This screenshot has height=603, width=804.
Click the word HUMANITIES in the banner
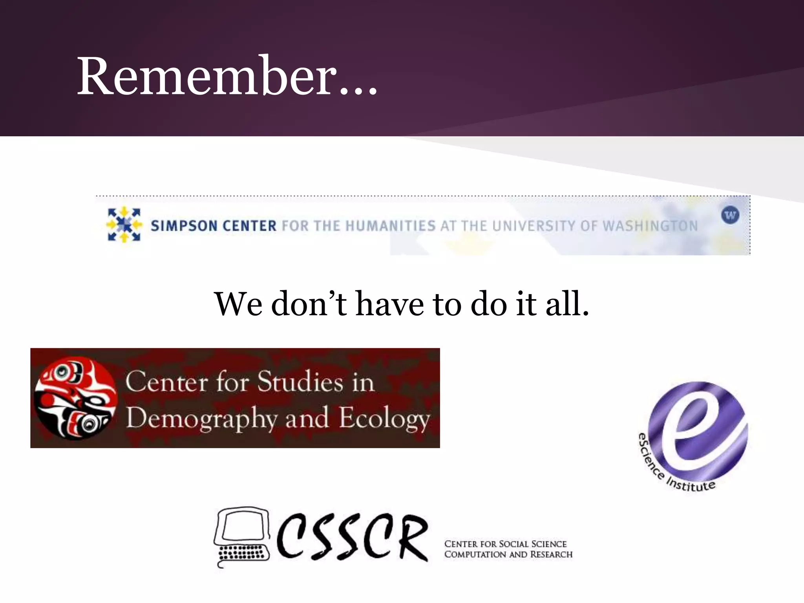click(391, 226)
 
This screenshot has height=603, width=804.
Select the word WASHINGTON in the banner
click(650, 226)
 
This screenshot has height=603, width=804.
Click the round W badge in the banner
click(730, 215)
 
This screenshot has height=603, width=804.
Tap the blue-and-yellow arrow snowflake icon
click(124, 225)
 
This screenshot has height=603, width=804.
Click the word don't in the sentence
click(309, 304)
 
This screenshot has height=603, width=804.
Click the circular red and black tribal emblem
click(75, 398)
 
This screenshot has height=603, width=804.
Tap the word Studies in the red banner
click(300, 382)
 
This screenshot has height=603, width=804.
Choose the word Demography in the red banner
click(201, 419)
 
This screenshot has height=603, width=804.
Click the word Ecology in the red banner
click(384, 419)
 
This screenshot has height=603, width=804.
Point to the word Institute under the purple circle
click(691, 484)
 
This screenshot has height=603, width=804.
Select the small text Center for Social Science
click(505, 544)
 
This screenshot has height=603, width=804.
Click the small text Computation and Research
click(508, 554)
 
